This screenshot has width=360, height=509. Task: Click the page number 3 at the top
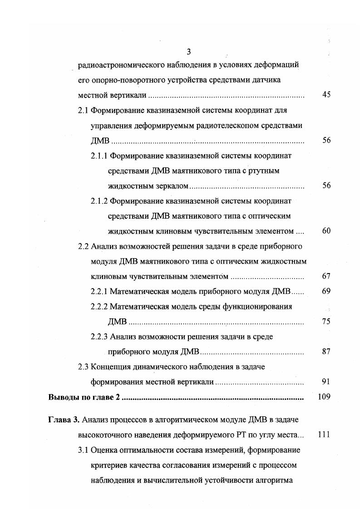pos(189,51)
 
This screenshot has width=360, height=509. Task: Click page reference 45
pos(326,95)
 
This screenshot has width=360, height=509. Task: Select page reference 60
pos(326,231)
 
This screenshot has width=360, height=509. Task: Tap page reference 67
pos(326,276)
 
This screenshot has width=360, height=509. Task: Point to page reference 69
pos(326,291)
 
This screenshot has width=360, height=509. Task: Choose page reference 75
pos(326,322)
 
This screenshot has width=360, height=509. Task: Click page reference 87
pos(326,352)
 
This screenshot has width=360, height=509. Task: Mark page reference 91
pos(326,382)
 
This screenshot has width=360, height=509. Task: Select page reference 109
pos(324,397)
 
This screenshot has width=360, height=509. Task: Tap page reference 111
pos(324,435)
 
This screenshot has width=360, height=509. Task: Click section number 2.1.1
pos(99,156)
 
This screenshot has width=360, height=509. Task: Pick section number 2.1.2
pos(99,201)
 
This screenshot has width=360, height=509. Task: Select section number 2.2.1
pos(99,291)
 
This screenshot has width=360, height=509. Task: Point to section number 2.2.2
pos(99,307)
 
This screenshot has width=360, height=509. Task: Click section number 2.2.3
pos(99,337)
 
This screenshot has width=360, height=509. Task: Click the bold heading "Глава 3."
pos(63,420)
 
